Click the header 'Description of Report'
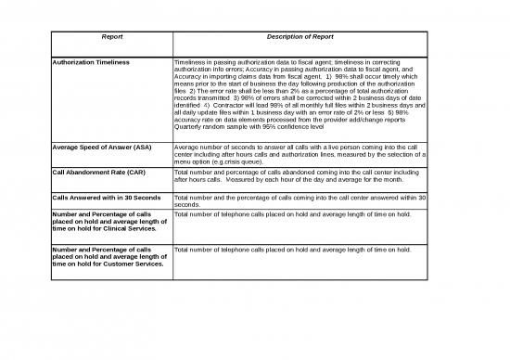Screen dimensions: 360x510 coord(300,38)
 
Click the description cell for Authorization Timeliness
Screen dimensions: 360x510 coord(300,96)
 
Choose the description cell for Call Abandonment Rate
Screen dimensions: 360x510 coord(300,176)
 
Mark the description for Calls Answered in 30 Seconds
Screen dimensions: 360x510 coord(300,201)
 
